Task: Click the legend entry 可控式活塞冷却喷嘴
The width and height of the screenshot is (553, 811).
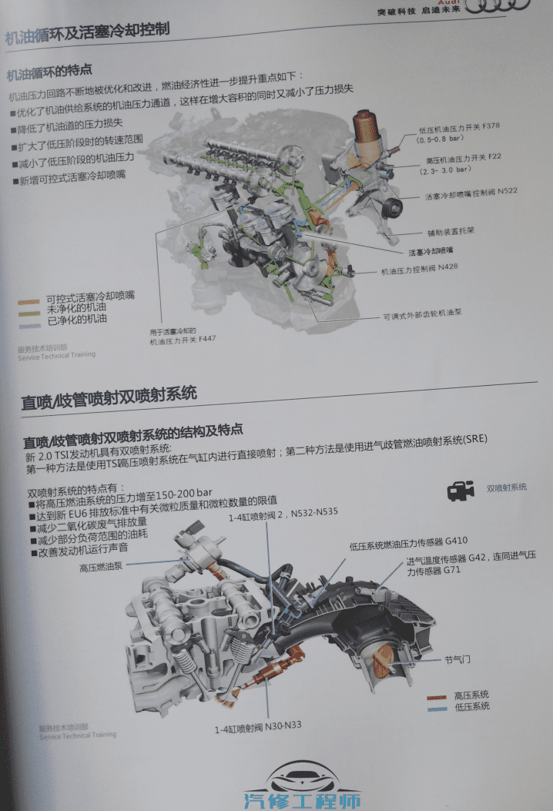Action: pos(90,297)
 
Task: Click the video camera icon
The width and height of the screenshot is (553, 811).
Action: pos(461,489)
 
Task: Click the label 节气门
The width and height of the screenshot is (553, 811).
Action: pos(457,659)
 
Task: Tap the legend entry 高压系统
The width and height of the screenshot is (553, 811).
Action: pos(471,695)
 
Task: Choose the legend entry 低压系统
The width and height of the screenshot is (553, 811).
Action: pos(471,706)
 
